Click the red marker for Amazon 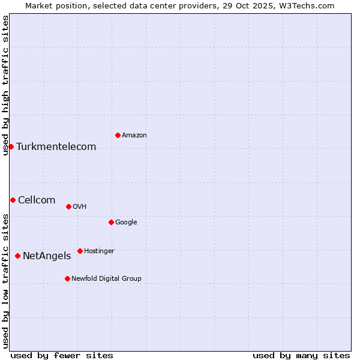click(x=118, y=135)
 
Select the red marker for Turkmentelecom click(x=11, y=146)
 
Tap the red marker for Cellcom click(x=13, y=200)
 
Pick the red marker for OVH click(x=68, y=206)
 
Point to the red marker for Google click(x=111, y=222)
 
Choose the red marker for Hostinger click(x=80, y=251)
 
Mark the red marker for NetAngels click(x=17, y=256)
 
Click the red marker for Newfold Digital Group click(x=67, y=278)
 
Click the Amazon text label click(x=134, y=136)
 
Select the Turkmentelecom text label click(x=56, y=147)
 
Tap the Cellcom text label click(x=37, y=200)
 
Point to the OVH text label click(x=80, y=207)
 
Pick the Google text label click(x=126, y=223)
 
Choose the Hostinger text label click(x=99, y=251)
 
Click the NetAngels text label click(x=47, y=256)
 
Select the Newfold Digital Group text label click(x=106, y=279)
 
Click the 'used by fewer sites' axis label click(x=62, y=355)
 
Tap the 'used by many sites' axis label click(x=301, y=355)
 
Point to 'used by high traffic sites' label click(x=5, y=85)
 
